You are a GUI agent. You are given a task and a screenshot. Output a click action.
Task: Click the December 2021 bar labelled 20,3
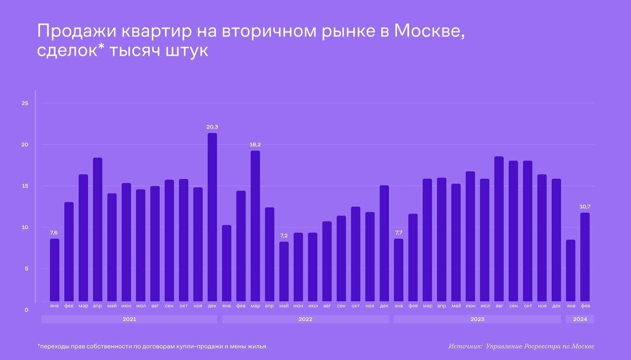212,217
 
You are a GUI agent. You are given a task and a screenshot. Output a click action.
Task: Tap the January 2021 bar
55,270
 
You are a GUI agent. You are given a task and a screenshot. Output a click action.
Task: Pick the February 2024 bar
585,257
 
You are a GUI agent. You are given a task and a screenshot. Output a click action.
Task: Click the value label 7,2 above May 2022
284,236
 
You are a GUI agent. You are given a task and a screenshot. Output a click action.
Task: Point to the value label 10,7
585,207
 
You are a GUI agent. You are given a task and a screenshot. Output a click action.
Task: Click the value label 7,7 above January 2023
399,233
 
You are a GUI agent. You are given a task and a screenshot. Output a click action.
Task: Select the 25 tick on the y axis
25,103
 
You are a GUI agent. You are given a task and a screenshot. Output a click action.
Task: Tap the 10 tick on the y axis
25,227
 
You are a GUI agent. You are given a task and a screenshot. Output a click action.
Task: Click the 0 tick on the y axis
26,310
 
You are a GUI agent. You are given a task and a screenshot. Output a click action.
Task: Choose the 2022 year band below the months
305,319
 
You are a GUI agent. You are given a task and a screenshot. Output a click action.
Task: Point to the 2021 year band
129,319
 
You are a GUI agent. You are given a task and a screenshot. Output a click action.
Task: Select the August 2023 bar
499,229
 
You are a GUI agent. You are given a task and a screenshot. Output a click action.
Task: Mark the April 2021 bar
98,229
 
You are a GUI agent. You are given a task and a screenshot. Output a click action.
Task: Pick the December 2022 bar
384,243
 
